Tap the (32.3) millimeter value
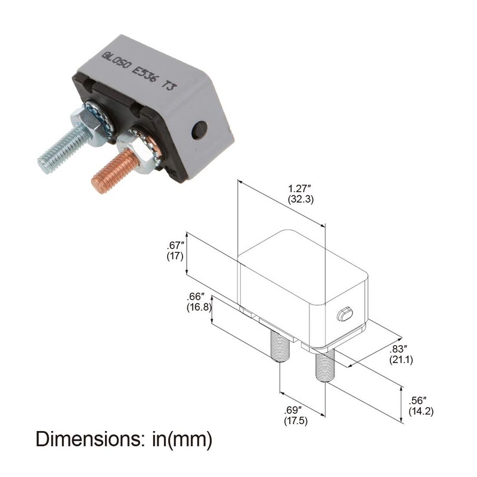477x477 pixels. click(301, 200)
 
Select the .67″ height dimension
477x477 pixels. click(175, 246)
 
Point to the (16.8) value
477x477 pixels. click(199, 307)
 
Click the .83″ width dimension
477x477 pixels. click(398, 349)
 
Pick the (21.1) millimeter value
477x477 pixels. click(401, 360)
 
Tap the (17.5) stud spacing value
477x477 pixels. click(296, 421)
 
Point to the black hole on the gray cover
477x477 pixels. click(199, 129)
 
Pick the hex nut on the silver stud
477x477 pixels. click(87, 124)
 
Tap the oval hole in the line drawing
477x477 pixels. click(345, 314)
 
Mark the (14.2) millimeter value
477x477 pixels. click(421, 411)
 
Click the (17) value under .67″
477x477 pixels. click(175, 256)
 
